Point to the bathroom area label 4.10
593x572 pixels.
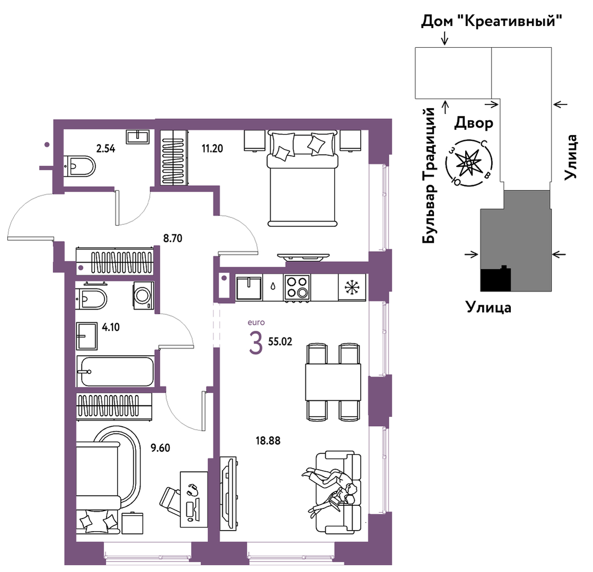(111, 328)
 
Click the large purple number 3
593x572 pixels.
(256, 343)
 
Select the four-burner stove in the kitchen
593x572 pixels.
(298, 287)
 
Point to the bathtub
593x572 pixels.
(116, 371)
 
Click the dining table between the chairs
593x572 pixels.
(333, 382)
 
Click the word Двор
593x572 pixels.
(474, 124)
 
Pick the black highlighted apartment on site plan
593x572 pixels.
(495, 279)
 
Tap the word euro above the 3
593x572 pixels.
(256, 322)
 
